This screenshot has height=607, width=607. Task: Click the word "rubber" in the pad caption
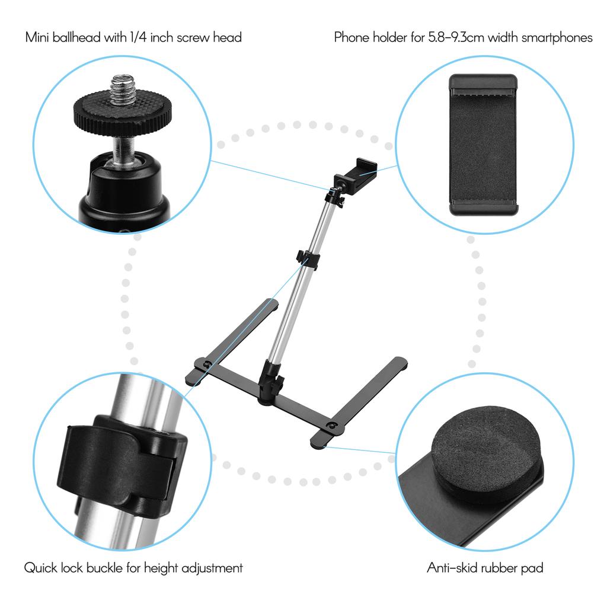pyautogui.click(x=497, y=568)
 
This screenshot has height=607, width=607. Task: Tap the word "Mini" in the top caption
pyautogui.click(x=37, y=37)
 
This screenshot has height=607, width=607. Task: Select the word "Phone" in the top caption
pyautogui.click(x=350, y=37)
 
